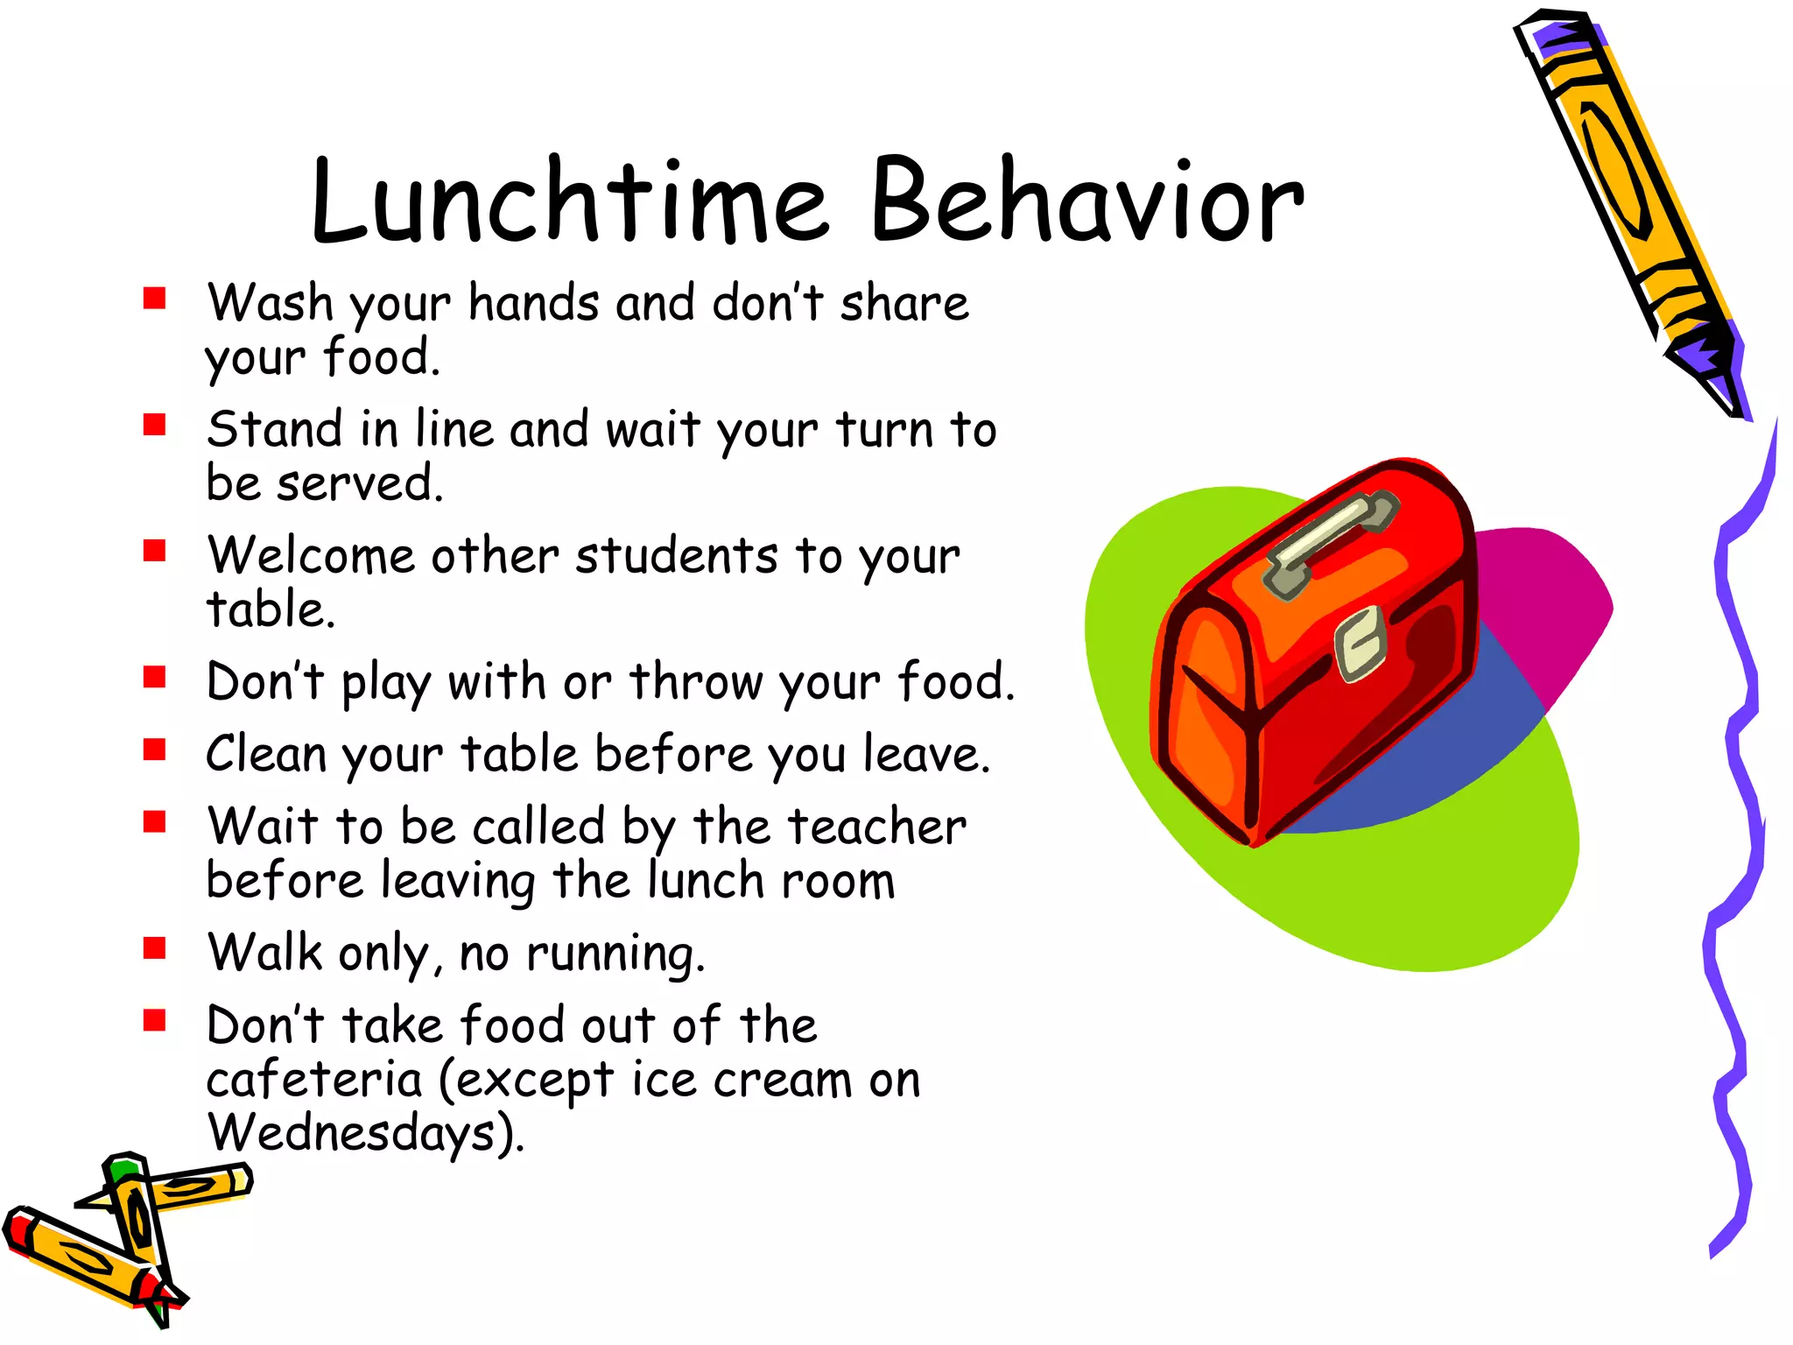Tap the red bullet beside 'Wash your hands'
click(x=155, y=299)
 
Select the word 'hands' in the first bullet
click(x=534, y=304)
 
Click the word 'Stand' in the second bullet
click(x=275, y=430)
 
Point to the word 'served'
click(x=359, y=484)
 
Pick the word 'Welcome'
click(x=311, y=556)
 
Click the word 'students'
click(x=676, y=556)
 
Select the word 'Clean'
click(x=266, y=754)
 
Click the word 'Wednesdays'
click(x=354, y=1133)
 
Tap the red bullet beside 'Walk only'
click(x=155, y=948)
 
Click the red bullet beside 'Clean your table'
click(x=155, y=750)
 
